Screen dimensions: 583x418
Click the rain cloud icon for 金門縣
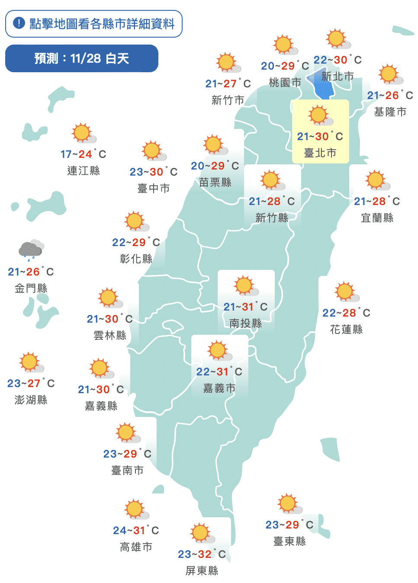click(31, 250)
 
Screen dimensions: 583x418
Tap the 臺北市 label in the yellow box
click(320, 153)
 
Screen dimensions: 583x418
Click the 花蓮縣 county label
click(346, 329)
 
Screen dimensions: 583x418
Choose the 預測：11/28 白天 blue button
click(82, 58)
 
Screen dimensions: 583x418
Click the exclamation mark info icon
click(19, 23)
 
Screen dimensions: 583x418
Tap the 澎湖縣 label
click(31, 400)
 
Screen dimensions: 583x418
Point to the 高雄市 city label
click(136, 547)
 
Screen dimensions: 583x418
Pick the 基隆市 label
click(390, 112)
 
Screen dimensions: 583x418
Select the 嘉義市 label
click(219, 388)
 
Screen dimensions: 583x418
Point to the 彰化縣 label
click(136, 259)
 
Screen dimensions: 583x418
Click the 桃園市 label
click(285, 82)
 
